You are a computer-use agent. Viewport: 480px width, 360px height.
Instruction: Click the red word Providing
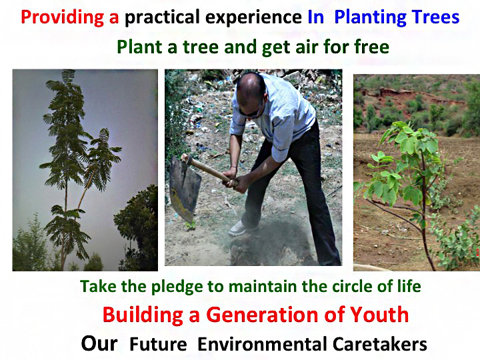[62, 17]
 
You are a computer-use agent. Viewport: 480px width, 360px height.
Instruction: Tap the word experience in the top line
[253, 18]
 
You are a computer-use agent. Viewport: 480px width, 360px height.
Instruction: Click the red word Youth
[379, 315]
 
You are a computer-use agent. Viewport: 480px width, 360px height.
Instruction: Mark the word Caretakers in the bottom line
[379, 344]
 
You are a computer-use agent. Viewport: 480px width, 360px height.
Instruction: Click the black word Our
[99, 344]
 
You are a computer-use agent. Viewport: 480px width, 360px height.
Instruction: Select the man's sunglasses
[251, 113]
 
